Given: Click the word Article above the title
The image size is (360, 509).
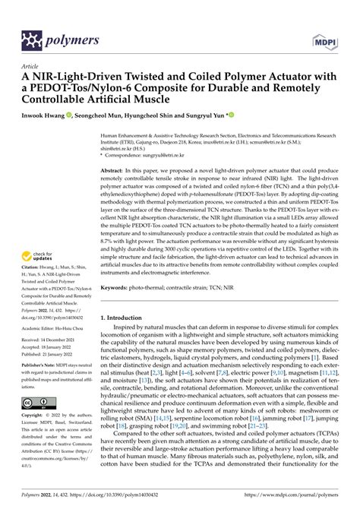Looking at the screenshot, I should coord(32,67).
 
